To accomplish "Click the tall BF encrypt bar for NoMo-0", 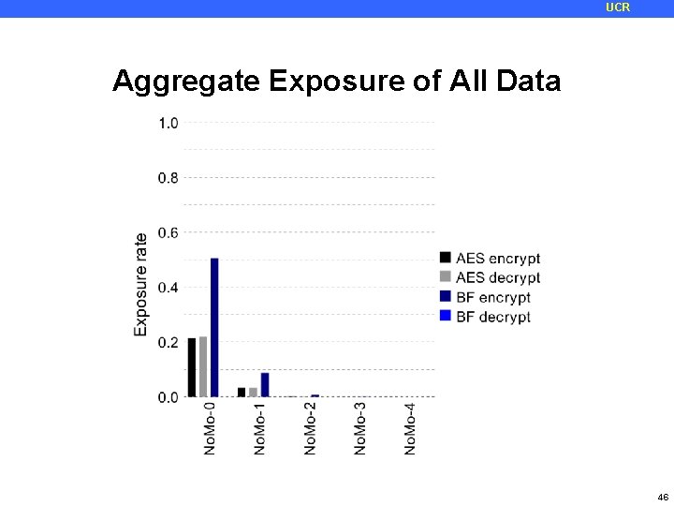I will click(x=214, y=327).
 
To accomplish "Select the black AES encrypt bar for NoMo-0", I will click(x=192, y=367).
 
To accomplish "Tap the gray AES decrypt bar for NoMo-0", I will click(x=203, y=366).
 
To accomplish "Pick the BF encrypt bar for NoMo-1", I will click(x=265, y=385).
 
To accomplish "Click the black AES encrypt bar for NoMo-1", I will click(x=242, y=393).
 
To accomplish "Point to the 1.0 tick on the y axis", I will click(x=168, y=123).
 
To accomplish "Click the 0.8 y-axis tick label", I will click(x=168, y=178).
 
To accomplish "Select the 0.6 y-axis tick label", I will click(x=168, y=232).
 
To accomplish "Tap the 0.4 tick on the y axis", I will click(x=168, y=288).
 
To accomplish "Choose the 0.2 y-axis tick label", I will click(x=168, y=343).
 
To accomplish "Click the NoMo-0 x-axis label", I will click(x=210, y=429).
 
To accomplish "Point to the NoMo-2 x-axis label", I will click(x=310, y=429).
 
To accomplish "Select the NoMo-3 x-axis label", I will click(x=360, y=429).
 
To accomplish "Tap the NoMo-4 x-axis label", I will click(x=410, y=429).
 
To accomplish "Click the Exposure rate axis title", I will click(x=141, y=284).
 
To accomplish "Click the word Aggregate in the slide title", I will click(x=186, y=82).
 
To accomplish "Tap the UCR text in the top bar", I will click(x=618, y=7).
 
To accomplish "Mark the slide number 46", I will click(x=663, y=497).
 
